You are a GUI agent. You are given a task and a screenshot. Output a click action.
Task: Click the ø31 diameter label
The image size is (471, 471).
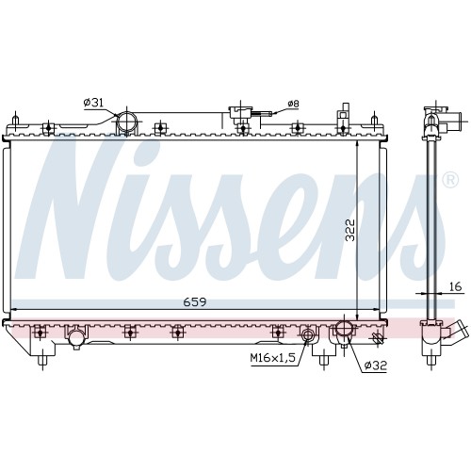coord(93,103)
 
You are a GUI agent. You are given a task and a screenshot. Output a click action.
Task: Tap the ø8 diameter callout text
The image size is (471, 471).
coord(294,104)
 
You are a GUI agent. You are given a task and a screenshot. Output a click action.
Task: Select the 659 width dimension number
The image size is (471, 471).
coord(195,302)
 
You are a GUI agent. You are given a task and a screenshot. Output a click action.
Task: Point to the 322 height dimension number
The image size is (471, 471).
coord(349,230)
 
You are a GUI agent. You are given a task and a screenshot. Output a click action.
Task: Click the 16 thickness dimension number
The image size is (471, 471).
coord(455,286)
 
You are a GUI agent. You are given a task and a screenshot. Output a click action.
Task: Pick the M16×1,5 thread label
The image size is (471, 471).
coord(272,358)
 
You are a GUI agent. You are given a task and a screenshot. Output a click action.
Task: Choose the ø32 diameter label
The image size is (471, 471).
coord(375,365)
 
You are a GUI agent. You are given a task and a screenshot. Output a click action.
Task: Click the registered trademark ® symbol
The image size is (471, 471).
coord(450,180)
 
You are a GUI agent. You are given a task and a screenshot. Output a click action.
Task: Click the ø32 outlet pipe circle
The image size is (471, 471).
coord(345,330)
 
